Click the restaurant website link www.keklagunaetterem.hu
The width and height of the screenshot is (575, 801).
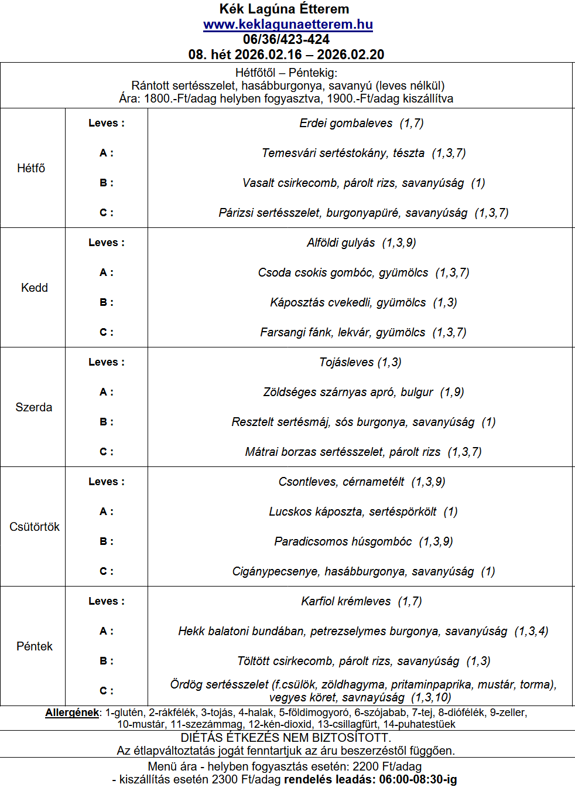pos(287,25)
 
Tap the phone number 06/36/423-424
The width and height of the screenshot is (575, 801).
pos(286,39)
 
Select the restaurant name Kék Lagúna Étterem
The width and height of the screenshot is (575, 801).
pos(285,9)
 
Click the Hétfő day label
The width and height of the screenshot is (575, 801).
pos(31,168)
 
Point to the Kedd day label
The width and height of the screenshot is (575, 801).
pos(35,288)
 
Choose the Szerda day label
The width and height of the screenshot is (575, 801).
pos(34,407)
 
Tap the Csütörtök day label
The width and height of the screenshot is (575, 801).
pos(35,527)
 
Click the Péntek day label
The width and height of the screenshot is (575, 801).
pos(35,646)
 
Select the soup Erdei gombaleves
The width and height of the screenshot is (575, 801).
pos(345,123)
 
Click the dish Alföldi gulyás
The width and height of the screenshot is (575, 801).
pos(341,243)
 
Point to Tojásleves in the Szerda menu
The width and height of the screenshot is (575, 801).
pos(347,362)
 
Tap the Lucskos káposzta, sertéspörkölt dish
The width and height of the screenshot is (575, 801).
pos(352,512)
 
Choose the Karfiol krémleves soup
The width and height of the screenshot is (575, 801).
pos(345,601)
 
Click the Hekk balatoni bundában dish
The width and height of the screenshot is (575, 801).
pos(241,631)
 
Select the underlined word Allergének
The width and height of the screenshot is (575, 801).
pos(72,713)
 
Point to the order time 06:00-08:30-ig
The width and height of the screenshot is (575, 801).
pos(418,779)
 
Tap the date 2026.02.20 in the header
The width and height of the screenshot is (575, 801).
pos(351,54)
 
